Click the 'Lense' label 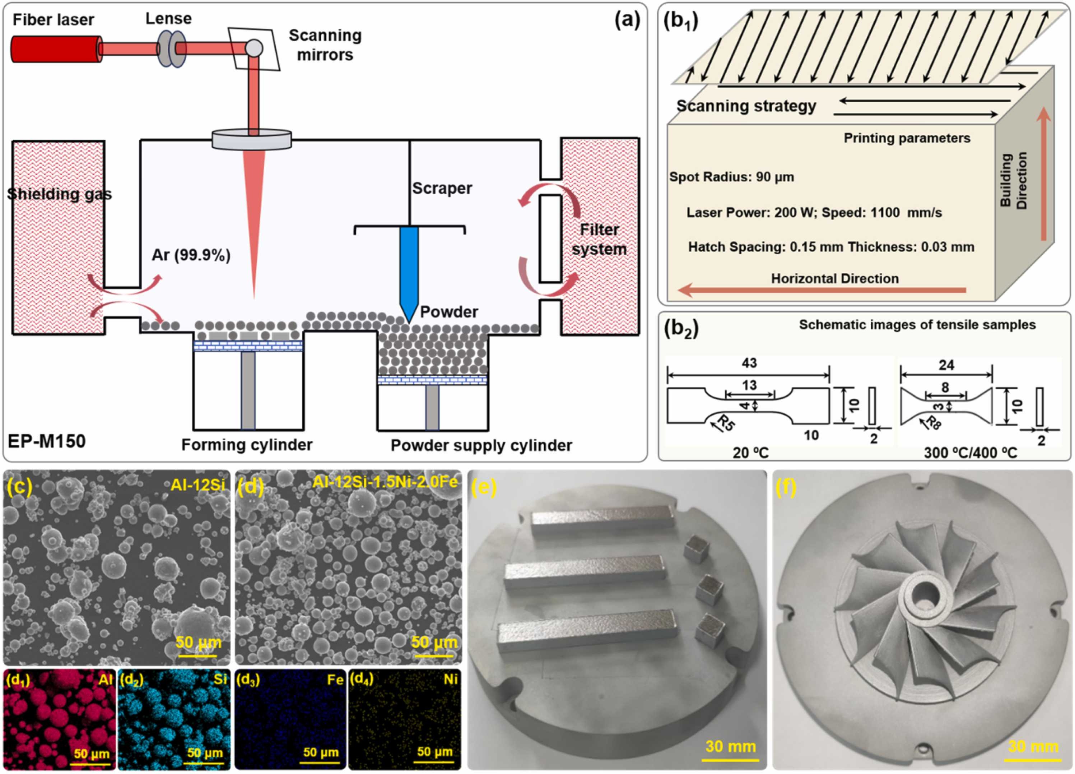tap(168, 18)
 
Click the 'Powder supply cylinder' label tap(481, 445)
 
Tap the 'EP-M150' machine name tap(46, 441)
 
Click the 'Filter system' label tap(599, 240)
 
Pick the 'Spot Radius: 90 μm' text tap(731, 177)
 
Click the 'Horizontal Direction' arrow tap(822, 290)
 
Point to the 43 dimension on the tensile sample tap(749, 363)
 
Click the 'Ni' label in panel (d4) tap(450, 680)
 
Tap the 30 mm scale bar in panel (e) tap(730, 759)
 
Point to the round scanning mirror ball tap(253, 47)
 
